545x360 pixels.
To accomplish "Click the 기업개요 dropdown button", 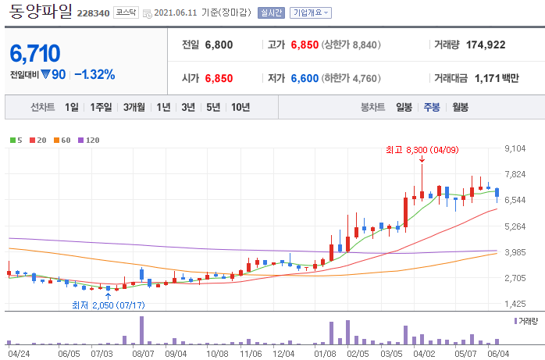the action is tap(311, 12).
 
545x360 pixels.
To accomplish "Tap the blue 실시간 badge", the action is tap(271, 12).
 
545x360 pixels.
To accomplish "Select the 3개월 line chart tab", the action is tap(134, 107).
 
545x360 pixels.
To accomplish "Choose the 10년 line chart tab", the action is tap(240, 107).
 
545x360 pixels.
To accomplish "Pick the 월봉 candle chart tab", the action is tap(460, 107).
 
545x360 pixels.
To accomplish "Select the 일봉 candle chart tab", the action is tap(404, 107).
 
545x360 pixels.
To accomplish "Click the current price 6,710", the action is tap(35, 53).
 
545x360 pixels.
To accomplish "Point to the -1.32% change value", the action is tap(94, 74).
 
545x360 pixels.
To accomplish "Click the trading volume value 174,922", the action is tap(486, 45).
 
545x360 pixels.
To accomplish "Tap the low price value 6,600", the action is tap(305, 78).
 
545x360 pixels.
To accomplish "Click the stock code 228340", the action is tap(93, 13).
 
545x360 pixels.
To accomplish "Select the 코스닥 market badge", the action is tap(126, 12).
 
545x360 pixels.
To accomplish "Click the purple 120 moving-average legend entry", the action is tap(89, 140).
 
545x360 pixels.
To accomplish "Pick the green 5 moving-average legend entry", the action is tap(16, 140).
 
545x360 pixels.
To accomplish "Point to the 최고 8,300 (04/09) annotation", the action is tap(422, 150).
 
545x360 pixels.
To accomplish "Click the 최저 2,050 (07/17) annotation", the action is tap(108, 305).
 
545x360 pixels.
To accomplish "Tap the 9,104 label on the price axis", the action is tap(515, 148).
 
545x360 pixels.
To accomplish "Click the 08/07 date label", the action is tap(143, 354).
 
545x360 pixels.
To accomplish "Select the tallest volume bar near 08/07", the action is tap(141, 330).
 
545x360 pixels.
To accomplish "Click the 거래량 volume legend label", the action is tap(526, 321).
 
